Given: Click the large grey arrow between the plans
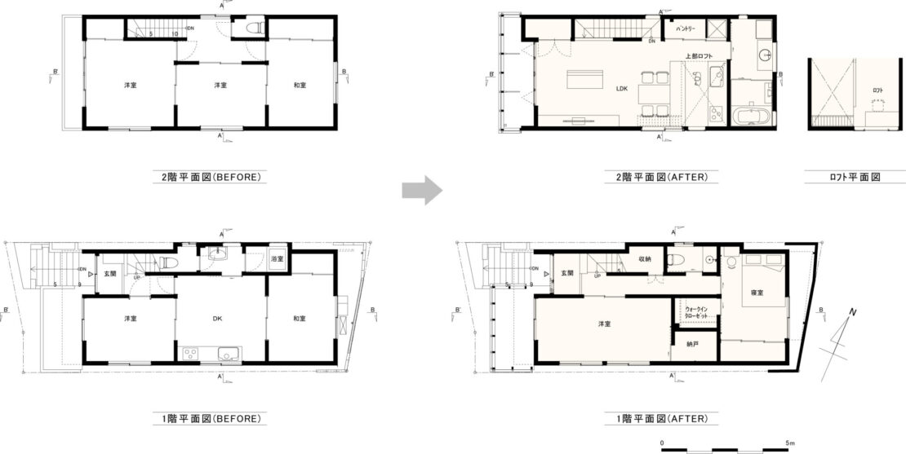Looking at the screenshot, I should (422, 192).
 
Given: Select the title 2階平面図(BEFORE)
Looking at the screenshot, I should (211, 175).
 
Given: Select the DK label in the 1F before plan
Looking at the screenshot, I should (220, 319).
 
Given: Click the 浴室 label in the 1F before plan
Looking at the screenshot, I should (277, 259).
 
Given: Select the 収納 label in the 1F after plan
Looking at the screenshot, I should (645, 259).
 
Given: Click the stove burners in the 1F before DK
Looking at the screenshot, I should (190, 353).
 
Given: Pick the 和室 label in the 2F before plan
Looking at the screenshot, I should (300, 85).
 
